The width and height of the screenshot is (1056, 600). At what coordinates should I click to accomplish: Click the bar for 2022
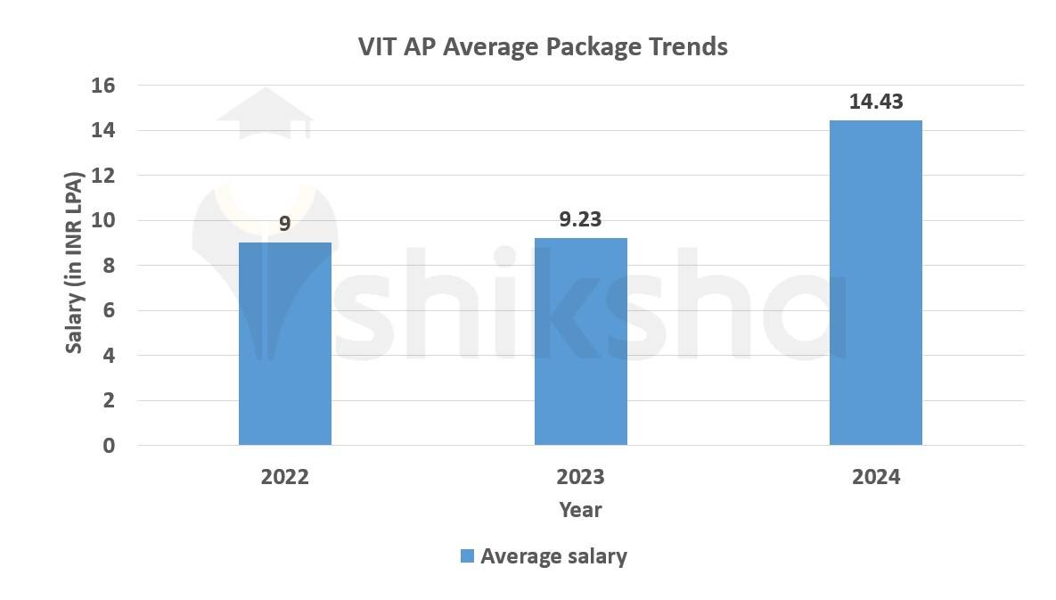point(284,343)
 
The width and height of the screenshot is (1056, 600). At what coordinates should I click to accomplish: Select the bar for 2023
point(580,341)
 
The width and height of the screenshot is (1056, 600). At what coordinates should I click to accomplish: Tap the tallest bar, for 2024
point(875,283)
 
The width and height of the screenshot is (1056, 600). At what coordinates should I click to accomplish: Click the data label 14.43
point(875,102)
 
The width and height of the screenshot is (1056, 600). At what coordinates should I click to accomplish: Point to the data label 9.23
point(580,219)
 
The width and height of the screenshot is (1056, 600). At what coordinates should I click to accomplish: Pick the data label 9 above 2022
point(284,223)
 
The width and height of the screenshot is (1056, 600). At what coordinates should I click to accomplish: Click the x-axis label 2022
point(284,477)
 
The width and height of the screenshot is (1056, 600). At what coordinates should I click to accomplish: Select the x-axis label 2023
point(580,477)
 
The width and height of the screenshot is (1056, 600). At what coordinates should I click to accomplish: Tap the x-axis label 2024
point(875,477)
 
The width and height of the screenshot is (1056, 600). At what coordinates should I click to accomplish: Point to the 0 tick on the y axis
point(109,446)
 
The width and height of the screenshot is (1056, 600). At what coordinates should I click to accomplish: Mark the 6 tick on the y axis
point(109,310)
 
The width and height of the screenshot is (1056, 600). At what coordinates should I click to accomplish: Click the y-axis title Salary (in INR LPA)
point(75,265)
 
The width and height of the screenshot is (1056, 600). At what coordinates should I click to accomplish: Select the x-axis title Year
point(580,510)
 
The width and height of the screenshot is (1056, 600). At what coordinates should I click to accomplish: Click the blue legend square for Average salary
point(466,556)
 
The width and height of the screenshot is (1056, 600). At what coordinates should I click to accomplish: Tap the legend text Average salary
point(553,556)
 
